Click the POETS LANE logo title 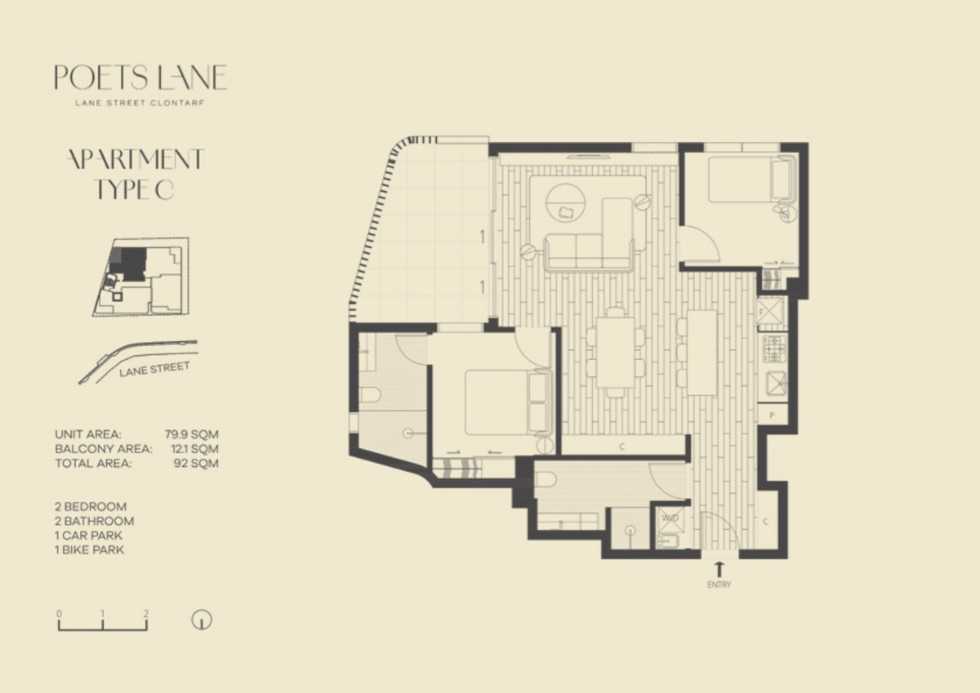140,78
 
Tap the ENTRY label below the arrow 719,584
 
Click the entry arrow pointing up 719,569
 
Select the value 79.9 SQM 192,434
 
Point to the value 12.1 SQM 194,449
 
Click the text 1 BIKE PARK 89,549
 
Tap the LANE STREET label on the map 154,369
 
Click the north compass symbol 202,620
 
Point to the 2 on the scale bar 145,614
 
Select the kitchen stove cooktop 773,349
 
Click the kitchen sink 775,384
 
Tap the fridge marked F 770,313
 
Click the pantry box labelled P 773,415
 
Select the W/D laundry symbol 671,518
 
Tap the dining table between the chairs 616,352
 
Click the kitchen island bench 702,353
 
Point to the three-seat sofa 589,253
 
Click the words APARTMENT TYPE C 136,174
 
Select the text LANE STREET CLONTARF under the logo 140,104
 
